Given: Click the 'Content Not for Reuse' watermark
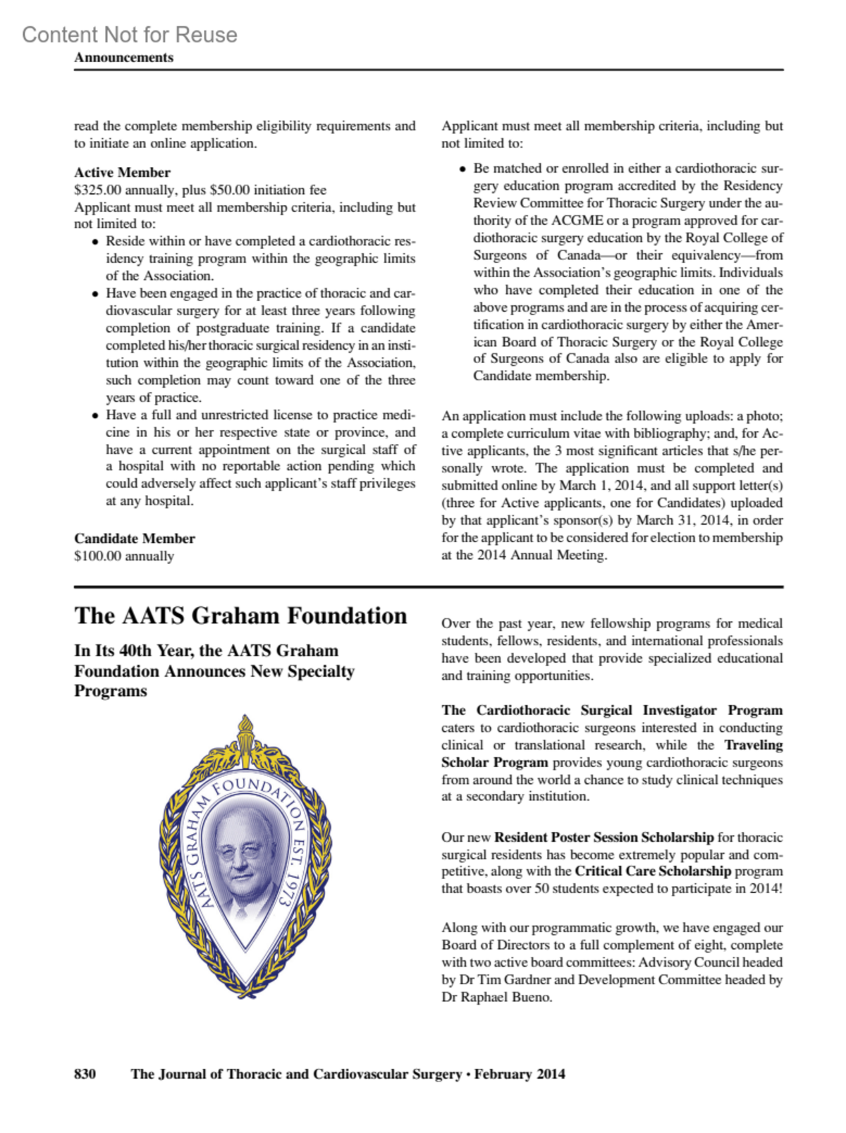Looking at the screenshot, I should [x=130, y=35].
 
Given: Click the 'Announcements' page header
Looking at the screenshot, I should [x=123, y=58].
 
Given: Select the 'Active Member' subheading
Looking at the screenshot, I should [x=122, y=173].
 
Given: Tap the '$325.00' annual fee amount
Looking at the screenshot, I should [x=98, y=190].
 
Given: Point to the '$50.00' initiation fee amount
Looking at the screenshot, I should [x=230, y=190].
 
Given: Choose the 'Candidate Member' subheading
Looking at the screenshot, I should [x=134, y=539].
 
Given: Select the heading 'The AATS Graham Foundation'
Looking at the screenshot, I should [x=240, y=616].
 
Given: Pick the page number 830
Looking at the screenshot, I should [x=85, y=1074].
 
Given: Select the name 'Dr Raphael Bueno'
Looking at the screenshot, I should [x=497, y=998].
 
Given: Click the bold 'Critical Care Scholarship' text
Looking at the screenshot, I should [x=653, y=871].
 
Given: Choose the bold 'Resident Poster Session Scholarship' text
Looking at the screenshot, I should [x=604, y=838].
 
